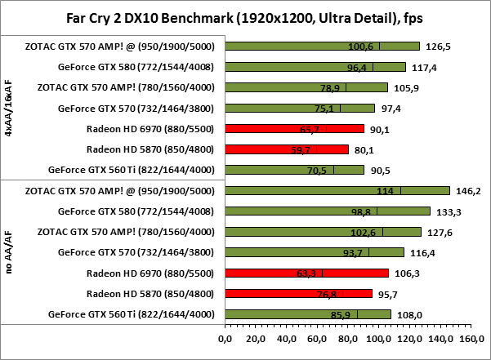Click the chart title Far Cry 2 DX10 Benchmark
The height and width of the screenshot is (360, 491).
[x=245, y=17]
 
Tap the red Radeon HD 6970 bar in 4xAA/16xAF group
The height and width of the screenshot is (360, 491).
[x=293, y=128]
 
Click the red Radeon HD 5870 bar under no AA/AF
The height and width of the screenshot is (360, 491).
[x=297, y=293]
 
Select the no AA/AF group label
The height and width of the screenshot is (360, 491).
[x=10, y=252]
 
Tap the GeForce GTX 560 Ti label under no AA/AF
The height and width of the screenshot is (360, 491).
[x=132, y=313]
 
